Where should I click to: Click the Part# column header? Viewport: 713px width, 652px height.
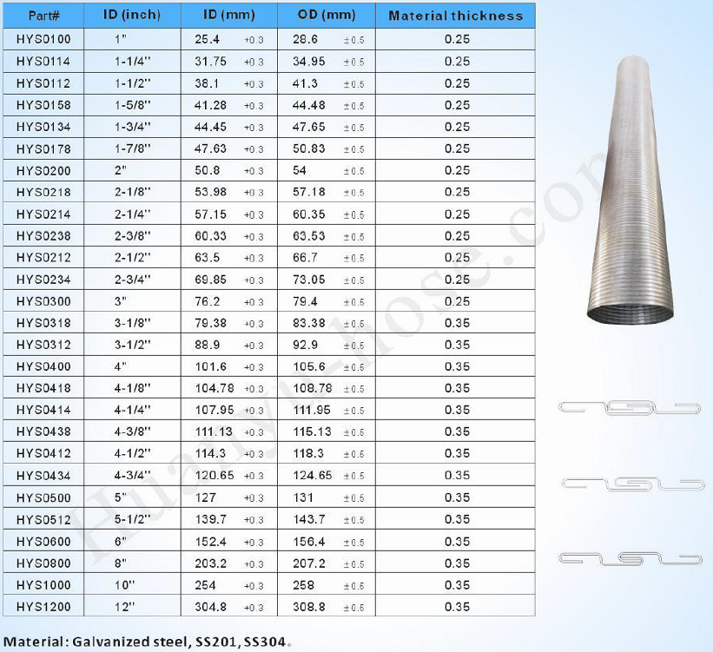43,16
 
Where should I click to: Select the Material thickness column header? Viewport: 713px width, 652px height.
456,16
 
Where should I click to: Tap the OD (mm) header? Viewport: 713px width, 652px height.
327,15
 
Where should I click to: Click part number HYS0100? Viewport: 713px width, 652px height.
43,40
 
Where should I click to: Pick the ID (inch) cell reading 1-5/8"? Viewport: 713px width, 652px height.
132,105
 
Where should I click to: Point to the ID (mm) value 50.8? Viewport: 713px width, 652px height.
208,170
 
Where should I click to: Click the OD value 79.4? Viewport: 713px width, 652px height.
305,301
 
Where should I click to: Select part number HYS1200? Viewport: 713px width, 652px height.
43,607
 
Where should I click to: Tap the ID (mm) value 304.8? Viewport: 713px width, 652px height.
210,607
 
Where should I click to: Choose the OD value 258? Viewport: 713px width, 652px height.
303,585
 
